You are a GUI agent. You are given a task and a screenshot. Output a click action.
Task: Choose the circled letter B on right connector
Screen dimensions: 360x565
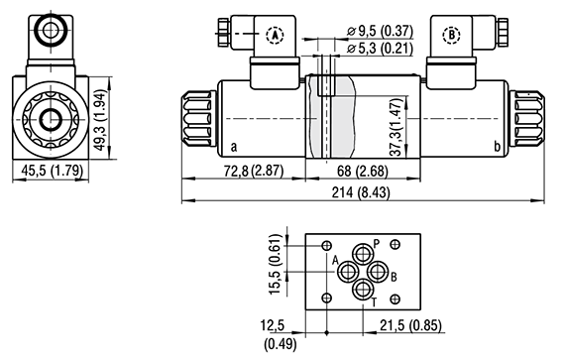(x=453, y=35)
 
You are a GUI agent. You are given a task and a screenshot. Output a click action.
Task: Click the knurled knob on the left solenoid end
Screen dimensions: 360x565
(x=198, y=120)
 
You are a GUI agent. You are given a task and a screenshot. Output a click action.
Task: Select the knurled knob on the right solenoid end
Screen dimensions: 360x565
(x=524, y=120)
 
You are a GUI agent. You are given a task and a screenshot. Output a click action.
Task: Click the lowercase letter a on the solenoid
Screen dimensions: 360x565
(x=233, y=149)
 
